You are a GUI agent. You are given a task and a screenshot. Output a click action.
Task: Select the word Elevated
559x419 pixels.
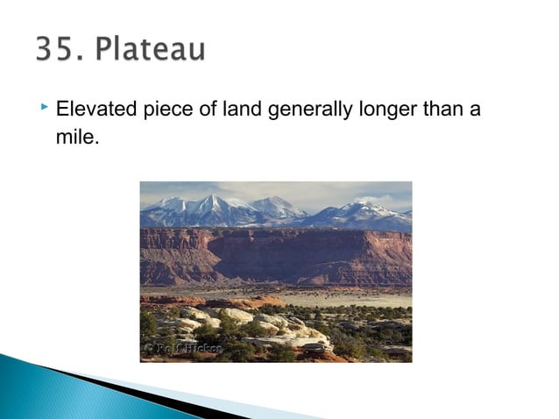coord(92,111)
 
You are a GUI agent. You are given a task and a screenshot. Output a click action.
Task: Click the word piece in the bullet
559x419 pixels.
coord(160,111)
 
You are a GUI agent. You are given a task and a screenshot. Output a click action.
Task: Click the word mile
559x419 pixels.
coord(72,137)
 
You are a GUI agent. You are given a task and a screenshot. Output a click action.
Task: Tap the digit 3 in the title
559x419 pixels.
coord(45,49)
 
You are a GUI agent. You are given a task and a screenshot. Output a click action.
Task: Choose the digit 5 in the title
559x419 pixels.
coord(63,49)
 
